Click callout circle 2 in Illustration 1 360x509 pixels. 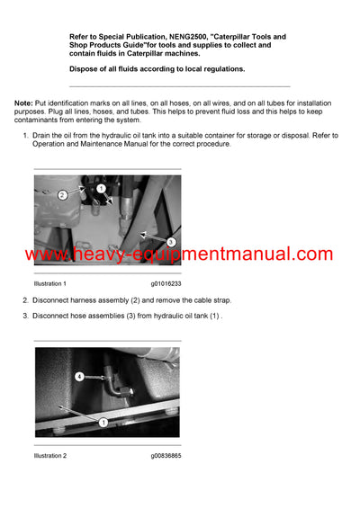coord(62,194)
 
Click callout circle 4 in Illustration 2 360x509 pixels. coord(78,376)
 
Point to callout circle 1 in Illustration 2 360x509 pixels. coord(103,422)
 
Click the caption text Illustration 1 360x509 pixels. coord(50,283)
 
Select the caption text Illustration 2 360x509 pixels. coord(50,456)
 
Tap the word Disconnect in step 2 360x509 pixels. coord(54,299)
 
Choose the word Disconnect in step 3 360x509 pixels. coord(54,315)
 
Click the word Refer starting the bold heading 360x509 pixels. coord(82,37)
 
